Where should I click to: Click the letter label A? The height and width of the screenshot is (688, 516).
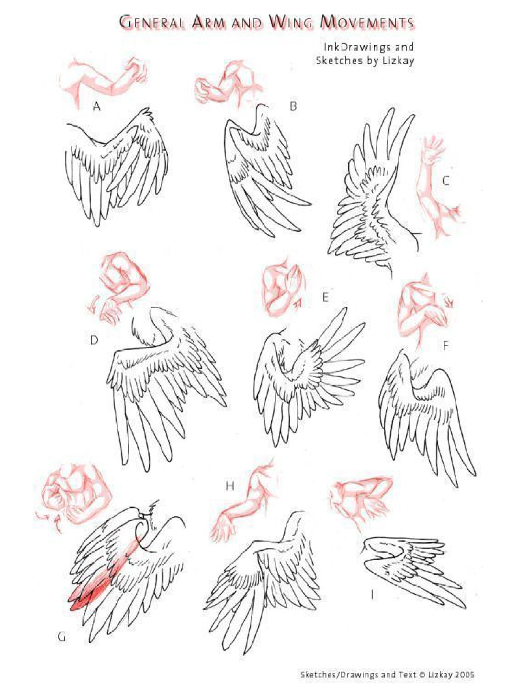click(x=97, y=107)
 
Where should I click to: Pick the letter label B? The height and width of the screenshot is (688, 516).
click(x=293, y=106)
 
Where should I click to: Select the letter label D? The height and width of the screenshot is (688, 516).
click(x=94, y=340)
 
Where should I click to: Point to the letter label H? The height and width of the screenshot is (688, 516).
click(x=230, y=486)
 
